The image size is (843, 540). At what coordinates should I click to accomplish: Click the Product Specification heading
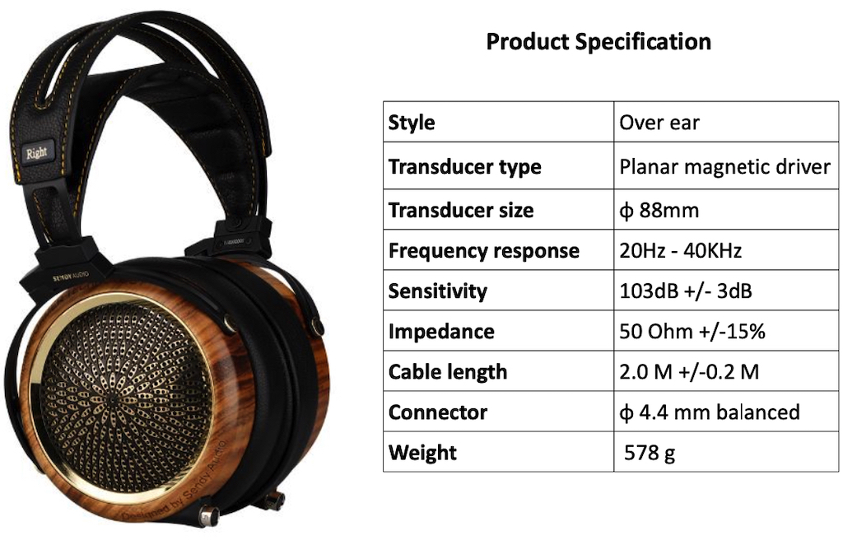coord(598,42)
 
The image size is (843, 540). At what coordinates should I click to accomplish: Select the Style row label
coord(412,123)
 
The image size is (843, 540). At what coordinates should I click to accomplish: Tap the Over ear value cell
coord(659,123)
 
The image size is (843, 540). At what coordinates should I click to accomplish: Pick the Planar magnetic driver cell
coord(724,167)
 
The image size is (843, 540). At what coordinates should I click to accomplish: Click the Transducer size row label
coord(461,210)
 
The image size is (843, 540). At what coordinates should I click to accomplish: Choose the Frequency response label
coord(484,250)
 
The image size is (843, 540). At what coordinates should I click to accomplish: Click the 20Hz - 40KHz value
coord(681,250)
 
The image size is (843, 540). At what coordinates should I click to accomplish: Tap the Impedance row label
coord(441,331)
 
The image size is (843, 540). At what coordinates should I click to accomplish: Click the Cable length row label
coord(447,371)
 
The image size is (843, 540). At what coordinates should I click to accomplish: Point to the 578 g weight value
coord(650,453)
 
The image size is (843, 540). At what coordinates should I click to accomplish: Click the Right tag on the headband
coord(36,153)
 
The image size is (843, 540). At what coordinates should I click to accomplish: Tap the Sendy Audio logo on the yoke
coord(71,277)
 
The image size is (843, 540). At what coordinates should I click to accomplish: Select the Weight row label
coord(422,453)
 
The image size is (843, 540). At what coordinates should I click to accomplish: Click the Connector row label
coord(438,412)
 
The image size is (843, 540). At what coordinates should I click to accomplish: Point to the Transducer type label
coord(464,167)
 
